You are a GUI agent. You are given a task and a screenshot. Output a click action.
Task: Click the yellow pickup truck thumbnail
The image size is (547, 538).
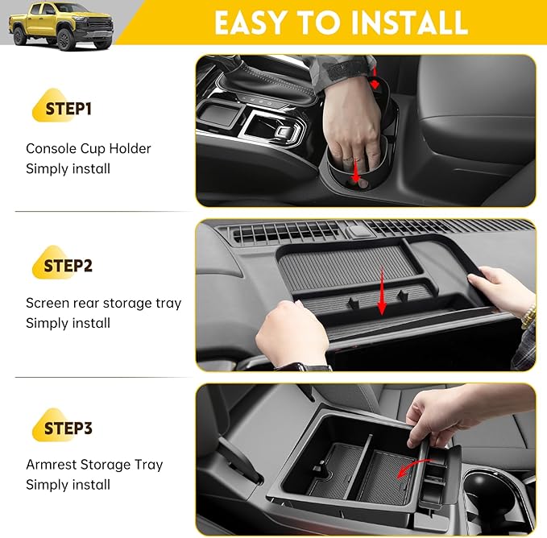click(60, 25)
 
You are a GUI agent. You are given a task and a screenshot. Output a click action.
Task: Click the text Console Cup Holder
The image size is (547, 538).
click(89, 148)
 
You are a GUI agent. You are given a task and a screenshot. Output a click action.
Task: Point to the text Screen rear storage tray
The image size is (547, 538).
click(104, 304)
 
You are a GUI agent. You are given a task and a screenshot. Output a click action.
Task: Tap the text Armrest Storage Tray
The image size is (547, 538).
click(94, 465)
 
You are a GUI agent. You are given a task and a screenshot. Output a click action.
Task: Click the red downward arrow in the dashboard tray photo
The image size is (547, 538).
click(382, 300)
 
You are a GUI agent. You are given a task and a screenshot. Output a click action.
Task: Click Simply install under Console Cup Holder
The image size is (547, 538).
click(68, 168)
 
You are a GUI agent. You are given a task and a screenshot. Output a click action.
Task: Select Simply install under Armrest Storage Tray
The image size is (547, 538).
click(68, 485)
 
